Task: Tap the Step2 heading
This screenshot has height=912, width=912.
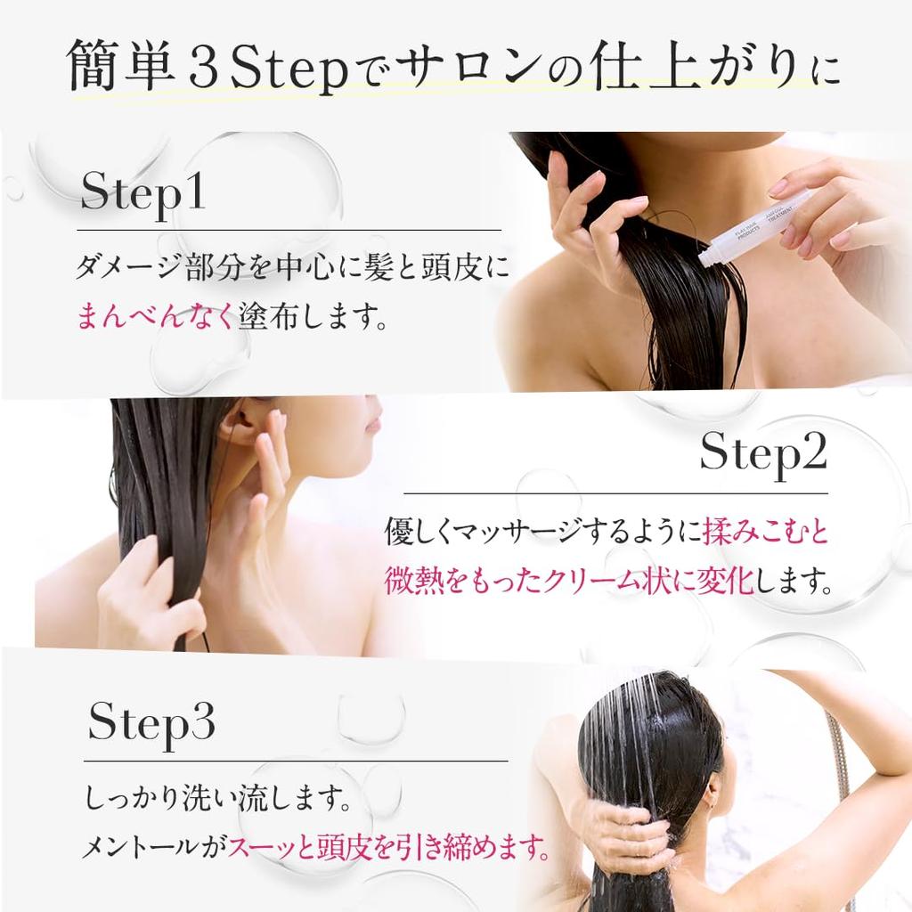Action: click(x=763, y=454)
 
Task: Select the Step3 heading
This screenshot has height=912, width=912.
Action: click(x=151, y=724)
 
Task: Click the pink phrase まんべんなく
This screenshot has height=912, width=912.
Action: click(x=157, y=317)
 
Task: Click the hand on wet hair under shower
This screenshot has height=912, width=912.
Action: click(x=623, y=833)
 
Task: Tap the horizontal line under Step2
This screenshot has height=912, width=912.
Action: click(x=615, y=493)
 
